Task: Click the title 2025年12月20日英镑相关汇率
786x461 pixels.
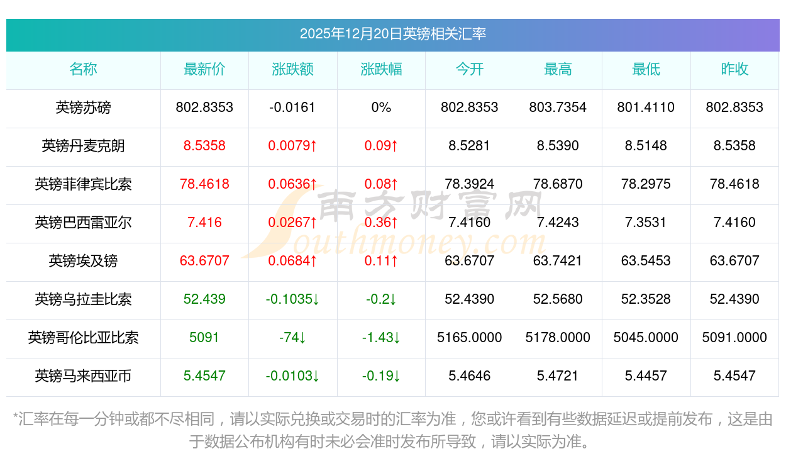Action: coord(392,34)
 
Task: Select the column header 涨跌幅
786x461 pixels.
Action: coord(381,69)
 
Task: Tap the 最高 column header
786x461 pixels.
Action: coord(558,69)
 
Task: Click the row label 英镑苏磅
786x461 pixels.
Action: coord(83,108)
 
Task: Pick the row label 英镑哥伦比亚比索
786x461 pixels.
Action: coord(83,338)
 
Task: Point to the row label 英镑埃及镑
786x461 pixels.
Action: coord(83,261)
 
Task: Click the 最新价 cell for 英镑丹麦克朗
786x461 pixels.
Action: coord(204,146)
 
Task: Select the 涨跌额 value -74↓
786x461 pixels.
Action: coord(292,338)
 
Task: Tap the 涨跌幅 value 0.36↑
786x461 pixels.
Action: coord(381,223)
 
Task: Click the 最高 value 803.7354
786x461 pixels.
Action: coord(558,108)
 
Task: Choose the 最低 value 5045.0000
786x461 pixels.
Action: coord(646,338)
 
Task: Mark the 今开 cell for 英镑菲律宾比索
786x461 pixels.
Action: coord(469,184)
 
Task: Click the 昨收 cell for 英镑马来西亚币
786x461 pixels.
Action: coord(734,376)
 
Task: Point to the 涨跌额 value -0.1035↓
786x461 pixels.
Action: coord(292,299)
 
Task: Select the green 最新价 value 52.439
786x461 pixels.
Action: coord(204,299)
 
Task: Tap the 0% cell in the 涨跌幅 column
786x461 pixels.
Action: coord(381,108)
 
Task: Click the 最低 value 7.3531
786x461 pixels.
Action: coord(646,223)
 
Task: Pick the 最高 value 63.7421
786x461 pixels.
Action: coord(558,261)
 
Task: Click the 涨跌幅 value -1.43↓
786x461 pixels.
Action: coord(381,338)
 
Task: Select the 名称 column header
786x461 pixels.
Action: coord(83,69)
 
